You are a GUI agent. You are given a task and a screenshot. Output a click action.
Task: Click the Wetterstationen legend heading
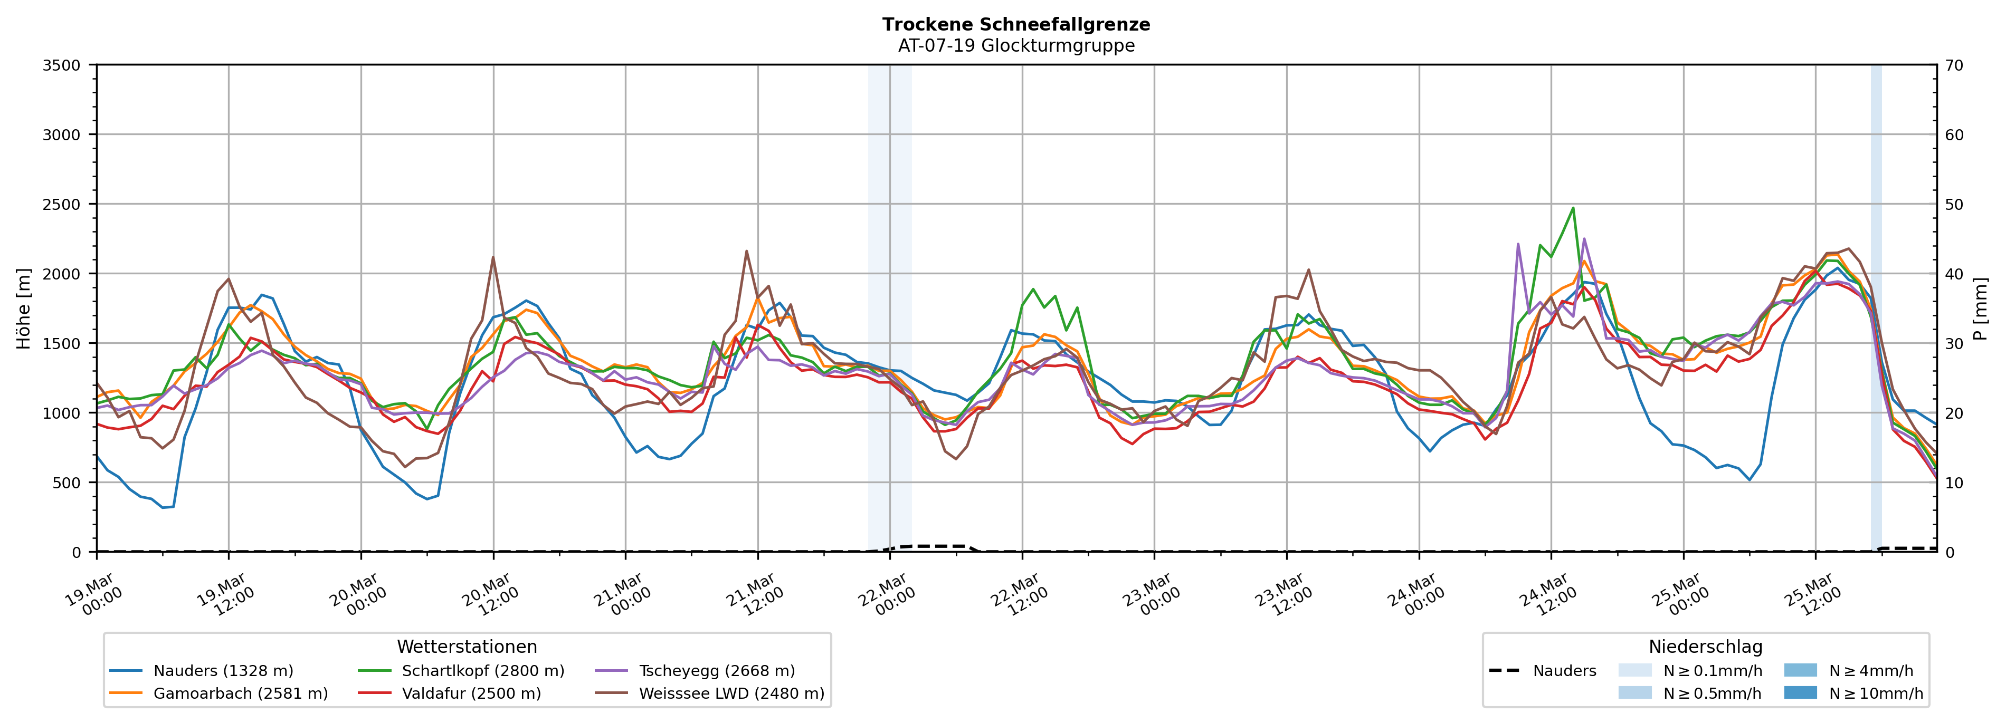467,647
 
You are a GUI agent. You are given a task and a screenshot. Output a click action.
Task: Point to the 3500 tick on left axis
62,65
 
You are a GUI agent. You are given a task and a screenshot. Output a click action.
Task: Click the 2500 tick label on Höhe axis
62,205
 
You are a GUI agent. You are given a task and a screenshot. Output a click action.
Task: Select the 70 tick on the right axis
1953,65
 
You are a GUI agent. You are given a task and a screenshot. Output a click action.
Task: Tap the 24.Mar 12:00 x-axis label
1547,595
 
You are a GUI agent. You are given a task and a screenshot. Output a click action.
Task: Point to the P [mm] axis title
1980,308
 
